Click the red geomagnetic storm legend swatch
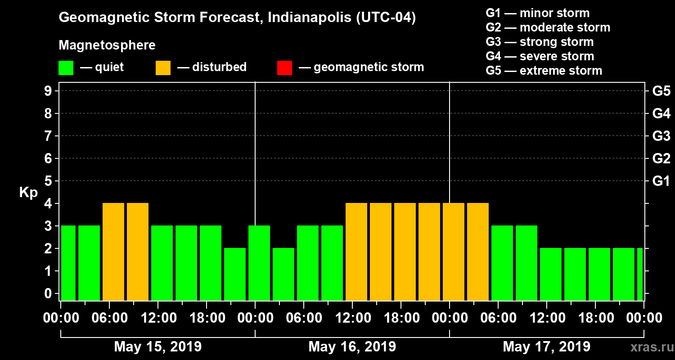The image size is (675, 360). coord(284,67)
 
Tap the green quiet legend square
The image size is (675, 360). coord(66,67)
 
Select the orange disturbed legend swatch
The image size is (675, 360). coord(163,67)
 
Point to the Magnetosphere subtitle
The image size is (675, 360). coord(107,45)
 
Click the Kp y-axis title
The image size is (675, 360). coord(28,193)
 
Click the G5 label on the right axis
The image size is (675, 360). coord(661,91)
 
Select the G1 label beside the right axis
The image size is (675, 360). coord(661,181)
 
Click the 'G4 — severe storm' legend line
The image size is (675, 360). coord(540,56)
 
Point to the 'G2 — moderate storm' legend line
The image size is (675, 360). coord(548,27)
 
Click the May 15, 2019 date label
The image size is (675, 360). coord(158,347)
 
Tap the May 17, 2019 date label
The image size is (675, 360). coord(546,347)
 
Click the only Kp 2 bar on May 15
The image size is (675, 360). coord(235,274)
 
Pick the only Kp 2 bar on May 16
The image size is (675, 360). coord(283,274)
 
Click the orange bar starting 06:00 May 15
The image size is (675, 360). coord(113,252)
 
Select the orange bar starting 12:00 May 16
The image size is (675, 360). coord(356,252)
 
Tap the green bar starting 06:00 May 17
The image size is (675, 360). coord(502,263)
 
